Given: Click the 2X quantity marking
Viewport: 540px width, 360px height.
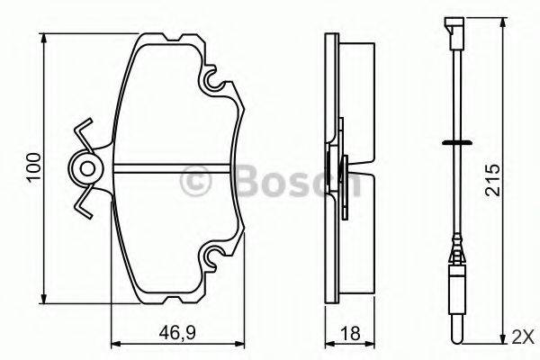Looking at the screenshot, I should [522, 337].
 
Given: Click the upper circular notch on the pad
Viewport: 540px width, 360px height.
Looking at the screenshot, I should [216, 85].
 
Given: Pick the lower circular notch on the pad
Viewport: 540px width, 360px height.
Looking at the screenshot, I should [216, 258].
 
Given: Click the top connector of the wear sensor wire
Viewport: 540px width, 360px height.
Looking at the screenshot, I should [452, 27].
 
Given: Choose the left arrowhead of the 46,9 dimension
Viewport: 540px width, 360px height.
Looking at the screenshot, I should [113, 343].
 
